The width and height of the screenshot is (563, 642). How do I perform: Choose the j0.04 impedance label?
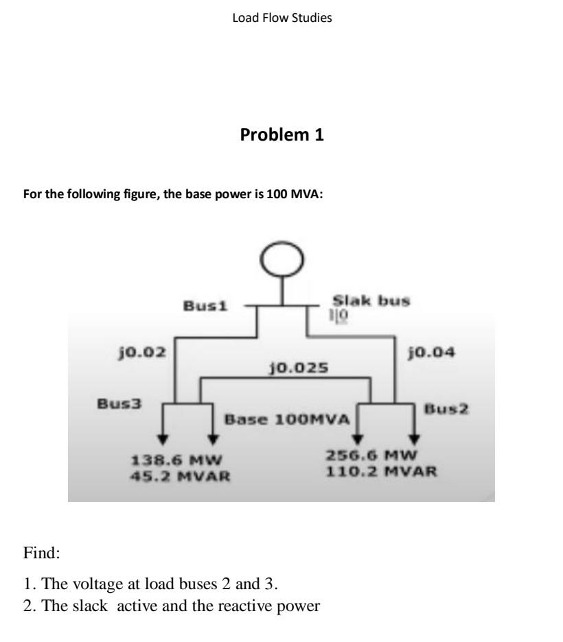click(x=430, y=353)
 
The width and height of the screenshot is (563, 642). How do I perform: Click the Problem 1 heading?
click(x=281, y=136)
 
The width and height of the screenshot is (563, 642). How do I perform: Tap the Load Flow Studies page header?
click(x=281, y=18)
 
